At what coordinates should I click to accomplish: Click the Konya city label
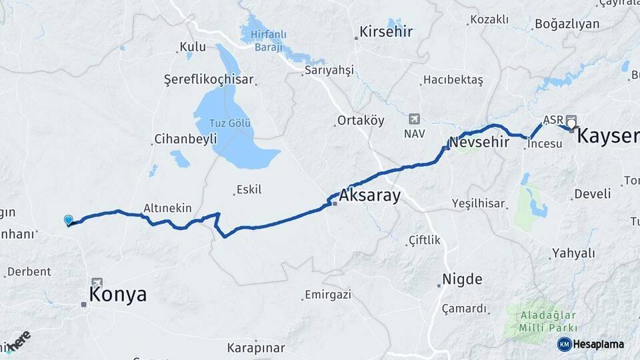coord(118,295)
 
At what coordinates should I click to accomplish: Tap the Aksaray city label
coord(369,196)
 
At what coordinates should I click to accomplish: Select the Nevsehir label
coord(483,142)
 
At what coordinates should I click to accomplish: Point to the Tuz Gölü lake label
coord(231,124)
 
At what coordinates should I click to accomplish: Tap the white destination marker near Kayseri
coord(571,123)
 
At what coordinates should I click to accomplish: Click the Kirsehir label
coord(386,31)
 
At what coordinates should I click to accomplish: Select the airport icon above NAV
coord(415,119)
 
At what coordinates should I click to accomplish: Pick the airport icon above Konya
coord(97,283)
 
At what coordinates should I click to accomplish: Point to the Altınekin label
coord(167,208)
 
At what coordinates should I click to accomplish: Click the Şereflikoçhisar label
coord(209,80)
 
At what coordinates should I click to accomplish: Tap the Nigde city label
coord(463,279)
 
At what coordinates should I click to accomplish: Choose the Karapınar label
coord(255,348)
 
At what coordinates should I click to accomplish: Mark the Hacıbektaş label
coord(452,80)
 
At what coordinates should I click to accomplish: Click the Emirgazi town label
coord(331,294)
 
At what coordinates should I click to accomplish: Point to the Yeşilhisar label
coord(478,203)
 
